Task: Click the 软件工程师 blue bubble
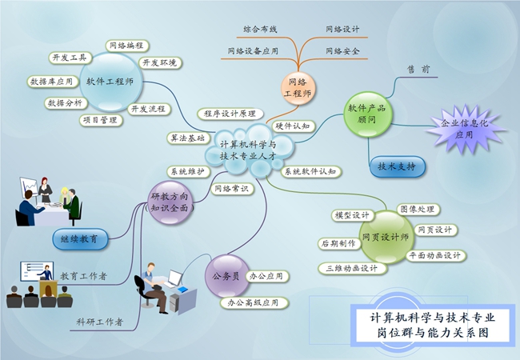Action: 110,82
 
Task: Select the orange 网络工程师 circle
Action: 298,88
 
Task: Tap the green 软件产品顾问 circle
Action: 367,114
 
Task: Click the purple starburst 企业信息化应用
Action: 465,129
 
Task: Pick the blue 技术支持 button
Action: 397,166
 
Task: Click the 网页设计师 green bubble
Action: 386,237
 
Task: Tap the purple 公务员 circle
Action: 227,276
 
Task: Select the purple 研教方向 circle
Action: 170,202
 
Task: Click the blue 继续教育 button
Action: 80,238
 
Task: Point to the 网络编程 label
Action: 127,46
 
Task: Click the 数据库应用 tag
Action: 52,82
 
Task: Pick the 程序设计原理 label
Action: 230,114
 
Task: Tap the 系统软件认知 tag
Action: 310,171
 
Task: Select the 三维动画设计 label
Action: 353,268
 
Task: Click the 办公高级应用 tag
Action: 254,302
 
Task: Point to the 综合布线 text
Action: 260,30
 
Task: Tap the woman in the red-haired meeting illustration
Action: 45,190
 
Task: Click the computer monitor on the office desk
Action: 174,278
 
